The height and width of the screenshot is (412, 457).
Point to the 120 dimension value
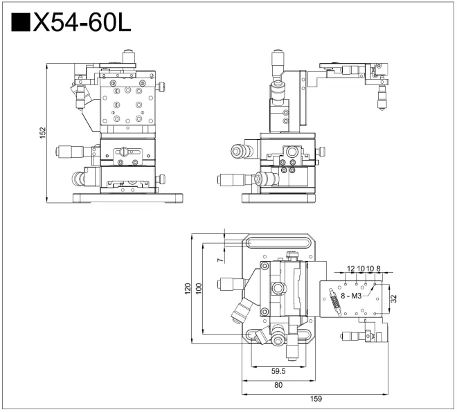pos(188,288)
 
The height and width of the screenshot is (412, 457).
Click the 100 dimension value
pos(199,288)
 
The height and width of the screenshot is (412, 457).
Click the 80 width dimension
pos(278,385)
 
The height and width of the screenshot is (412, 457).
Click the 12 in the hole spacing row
pos(351,268)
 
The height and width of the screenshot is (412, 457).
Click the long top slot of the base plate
pos(278,242)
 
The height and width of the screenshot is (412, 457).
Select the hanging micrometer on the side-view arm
pos(382,94)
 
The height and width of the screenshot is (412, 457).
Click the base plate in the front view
pos(128,199)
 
